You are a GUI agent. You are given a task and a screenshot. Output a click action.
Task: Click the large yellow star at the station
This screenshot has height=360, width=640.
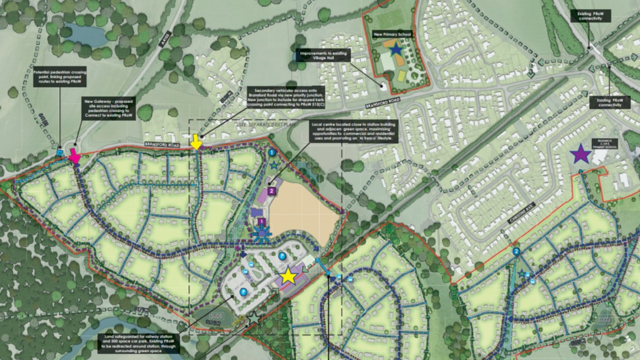point(288,277)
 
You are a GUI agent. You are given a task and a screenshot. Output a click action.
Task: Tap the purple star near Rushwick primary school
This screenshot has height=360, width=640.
point(580,155)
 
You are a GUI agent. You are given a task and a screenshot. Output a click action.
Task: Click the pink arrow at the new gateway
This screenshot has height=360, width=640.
point(75,157)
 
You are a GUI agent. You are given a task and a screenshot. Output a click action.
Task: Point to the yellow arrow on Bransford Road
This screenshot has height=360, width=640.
point(195,142)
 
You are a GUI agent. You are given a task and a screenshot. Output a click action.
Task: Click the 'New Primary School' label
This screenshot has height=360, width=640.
point(391,34)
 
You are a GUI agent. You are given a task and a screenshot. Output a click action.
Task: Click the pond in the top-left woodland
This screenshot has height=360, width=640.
point(84,34)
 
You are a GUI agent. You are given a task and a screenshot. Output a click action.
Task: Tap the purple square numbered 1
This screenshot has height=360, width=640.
point(262,222)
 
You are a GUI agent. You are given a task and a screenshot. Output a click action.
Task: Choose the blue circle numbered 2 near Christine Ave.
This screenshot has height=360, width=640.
point(516,251)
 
